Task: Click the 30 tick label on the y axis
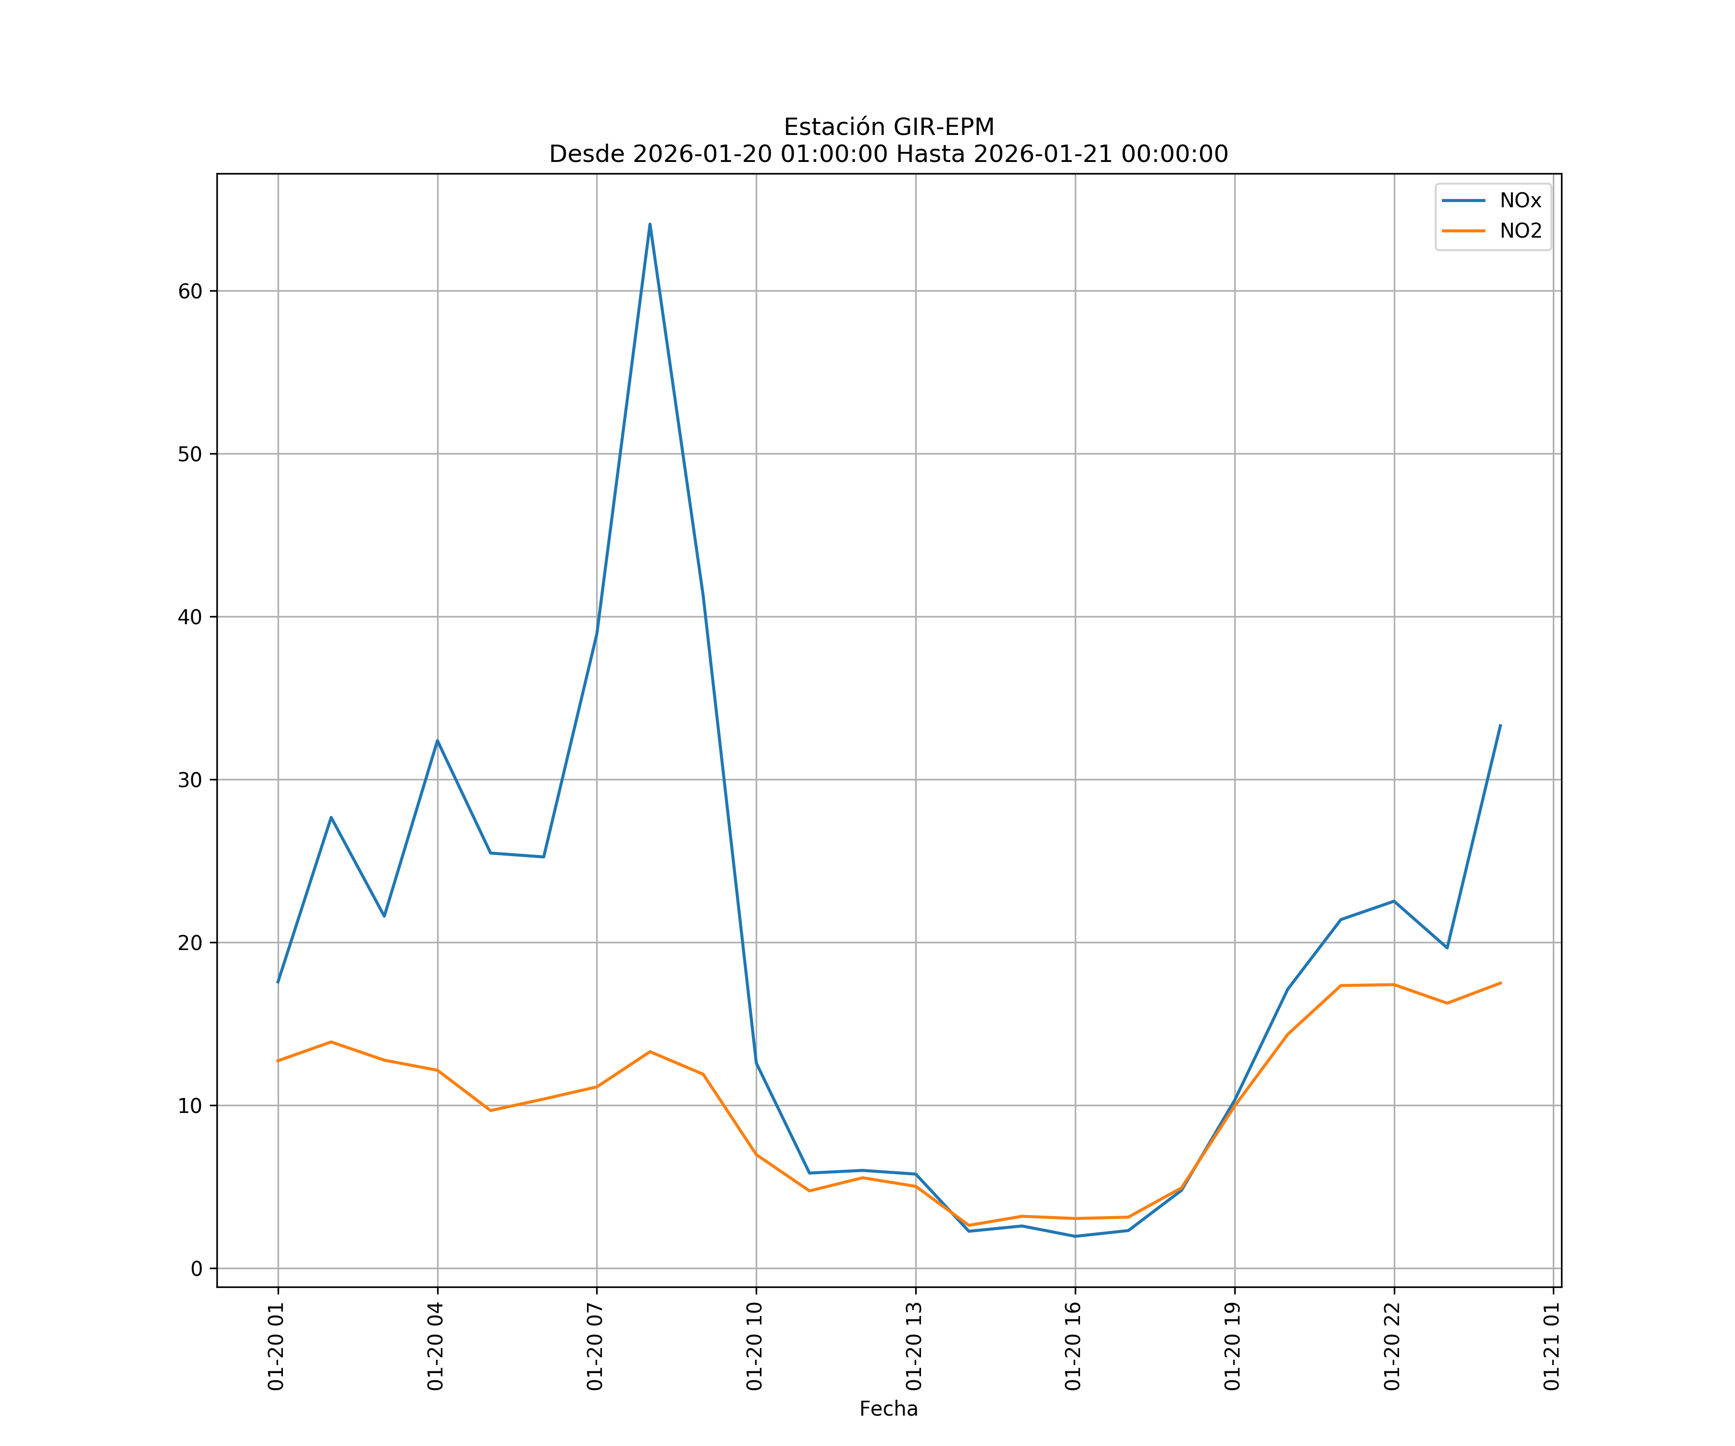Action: pyautogui.click(x=190, y=780)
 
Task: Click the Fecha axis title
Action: pyautogui.click(x=888, y=1409)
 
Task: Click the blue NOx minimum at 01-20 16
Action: pyautogui.click(x=1075, y=1236)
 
